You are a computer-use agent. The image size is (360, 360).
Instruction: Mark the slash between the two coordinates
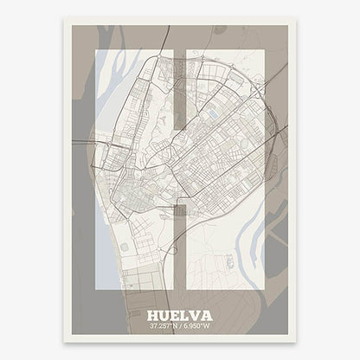180,328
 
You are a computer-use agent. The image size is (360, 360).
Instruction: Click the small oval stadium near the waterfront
125,247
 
